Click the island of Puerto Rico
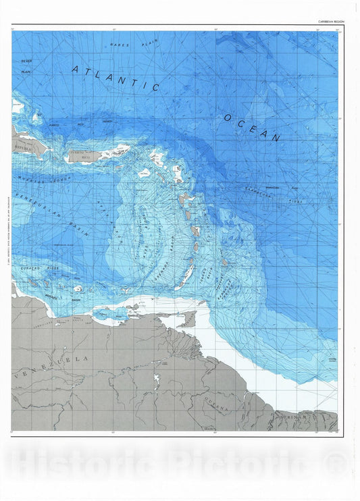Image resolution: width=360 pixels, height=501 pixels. (x=85, y=156)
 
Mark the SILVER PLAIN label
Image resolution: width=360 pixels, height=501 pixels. (x=26, y=65)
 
